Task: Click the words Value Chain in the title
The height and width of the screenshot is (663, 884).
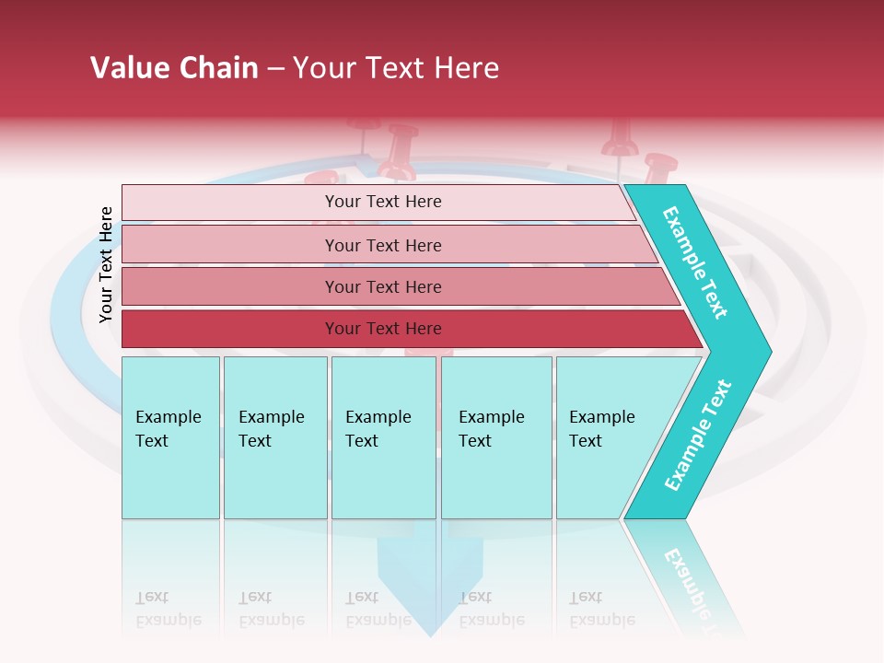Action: [174, 68]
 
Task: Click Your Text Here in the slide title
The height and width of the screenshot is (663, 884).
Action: [396, 68]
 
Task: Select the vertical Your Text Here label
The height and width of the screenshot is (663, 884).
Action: [106, 264]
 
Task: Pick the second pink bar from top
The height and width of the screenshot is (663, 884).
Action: [383, 245]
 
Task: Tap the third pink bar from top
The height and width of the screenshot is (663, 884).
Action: [383, 286]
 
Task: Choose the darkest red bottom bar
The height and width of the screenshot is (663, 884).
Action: [383, 329]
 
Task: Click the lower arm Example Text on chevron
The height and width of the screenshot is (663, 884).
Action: [698, 435]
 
